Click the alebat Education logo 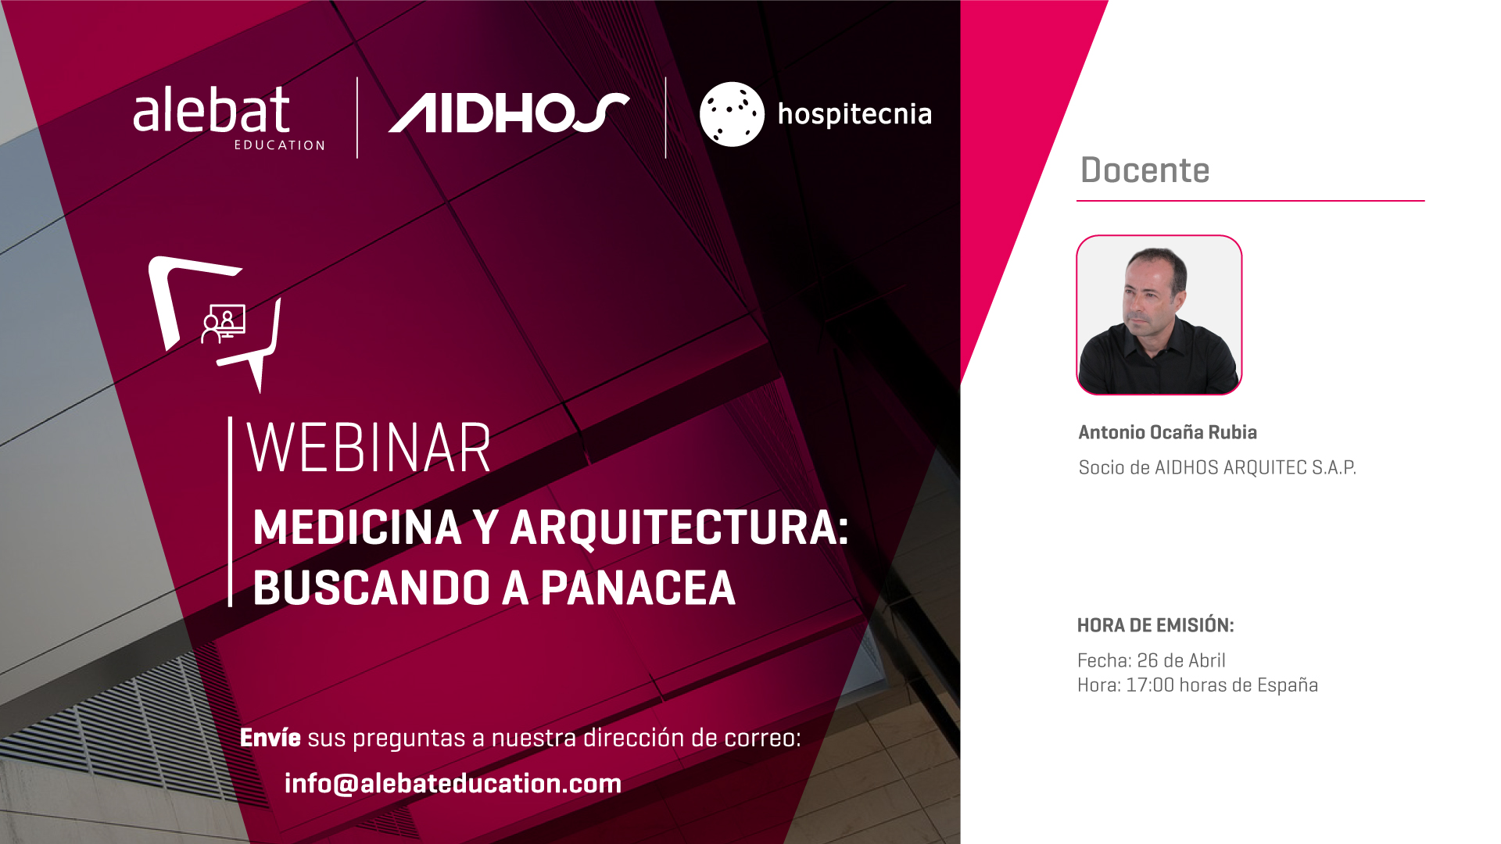coord(228,117)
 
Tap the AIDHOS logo coord(509,113)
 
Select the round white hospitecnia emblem coord(732,114)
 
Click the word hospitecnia coord(854,115)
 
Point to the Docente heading coord(1145,170)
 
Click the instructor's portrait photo coord(1159,315)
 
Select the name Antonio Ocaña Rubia coord(1167,432)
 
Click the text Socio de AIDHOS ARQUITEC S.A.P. coord(1217,467)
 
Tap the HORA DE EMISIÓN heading coord(1155,625)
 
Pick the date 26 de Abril coord(1181,660)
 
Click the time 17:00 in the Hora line coord(1150,685)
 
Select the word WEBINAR coord(368,448)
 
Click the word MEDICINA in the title coord(357,527)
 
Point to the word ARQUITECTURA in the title coord(679,527)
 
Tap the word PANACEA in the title coord(638,588)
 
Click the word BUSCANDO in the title coord(371,588)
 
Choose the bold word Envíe coord(270,737)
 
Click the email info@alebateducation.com coord(453,783)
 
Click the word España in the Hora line coord(1288,685)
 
